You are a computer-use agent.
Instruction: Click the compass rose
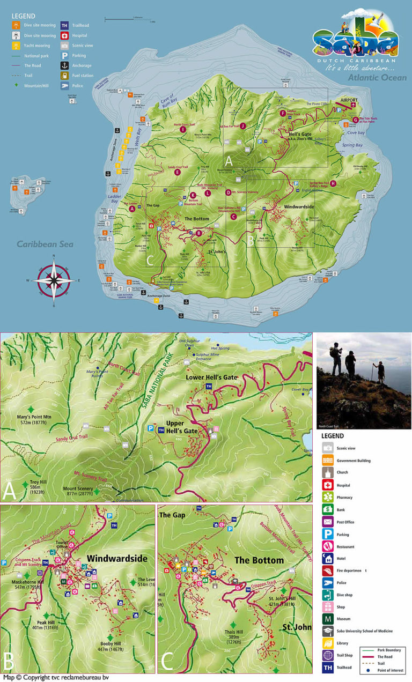point(54,280)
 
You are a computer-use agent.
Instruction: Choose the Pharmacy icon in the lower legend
point(328,497)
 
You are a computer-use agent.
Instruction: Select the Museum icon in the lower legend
point(328,618)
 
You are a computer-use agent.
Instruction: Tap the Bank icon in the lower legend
point(328,509)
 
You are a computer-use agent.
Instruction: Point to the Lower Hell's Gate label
point(210,377)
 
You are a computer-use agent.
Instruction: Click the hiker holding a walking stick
point(380,371)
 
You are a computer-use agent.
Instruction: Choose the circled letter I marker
point(183,129)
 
